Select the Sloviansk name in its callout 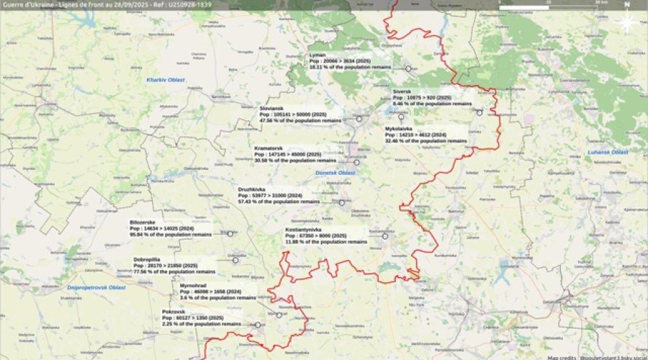pos(271,108)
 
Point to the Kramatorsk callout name pos(268,148)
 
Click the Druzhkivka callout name pos(253,189)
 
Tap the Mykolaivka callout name pos(399,129)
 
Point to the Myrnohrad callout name pos(194,285)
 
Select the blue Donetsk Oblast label pos(336,174)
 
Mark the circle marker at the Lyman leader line pos(408,68)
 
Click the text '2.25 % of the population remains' pos(201,324)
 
